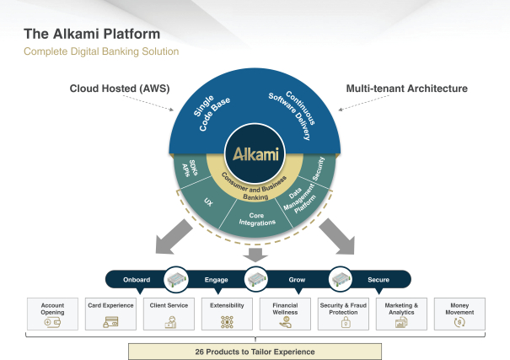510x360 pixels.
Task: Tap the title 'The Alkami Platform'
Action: pos(92,35)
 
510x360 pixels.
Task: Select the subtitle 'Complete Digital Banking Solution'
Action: pos(101,52)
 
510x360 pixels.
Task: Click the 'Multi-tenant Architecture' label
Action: pos(407,88)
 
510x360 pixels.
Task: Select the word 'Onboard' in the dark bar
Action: pos(137,279)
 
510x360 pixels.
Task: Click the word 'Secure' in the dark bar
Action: pos(378,279)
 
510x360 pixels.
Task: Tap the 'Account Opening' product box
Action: pos(52,313)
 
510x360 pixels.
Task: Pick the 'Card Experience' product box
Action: pos(110,313)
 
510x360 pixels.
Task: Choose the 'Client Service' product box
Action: pos(169,313)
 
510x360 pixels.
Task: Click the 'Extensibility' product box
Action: pos(226,313)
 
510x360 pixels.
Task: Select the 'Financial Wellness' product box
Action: pos(284,313)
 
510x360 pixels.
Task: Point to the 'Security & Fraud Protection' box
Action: pos(342,313)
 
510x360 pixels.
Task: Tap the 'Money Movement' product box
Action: pos(459,313)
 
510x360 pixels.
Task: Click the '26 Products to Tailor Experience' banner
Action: pos(255,351)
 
